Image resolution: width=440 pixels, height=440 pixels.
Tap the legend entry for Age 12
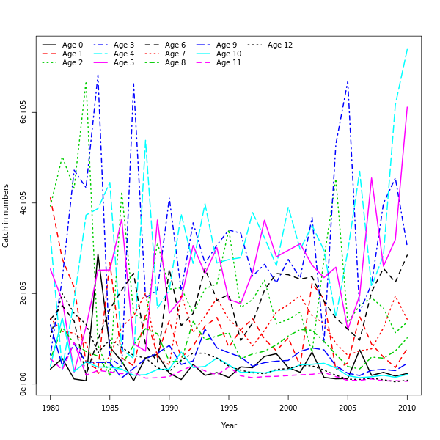click(280, 45)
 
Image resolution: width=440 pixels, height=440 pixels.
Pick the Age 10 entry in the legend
click(227, 54)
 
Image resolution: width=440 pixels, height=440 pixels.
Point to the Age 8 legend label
click(175, 63)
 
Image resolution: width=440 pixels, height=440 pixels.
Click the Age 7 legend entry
click(175, 54)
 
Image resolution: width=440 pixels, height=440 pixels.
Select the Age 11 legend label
click(227, 63)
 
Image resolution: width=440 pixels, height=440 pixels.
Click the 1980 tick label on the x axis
click(51, 407)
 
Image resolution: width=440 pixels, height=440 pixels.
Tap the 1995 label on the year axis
click(229, 407)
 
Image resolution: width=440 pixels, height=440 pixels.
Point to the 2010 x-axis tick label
click(407, 407)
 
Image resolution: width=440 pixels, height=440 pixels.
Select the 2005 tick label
click(348, 407)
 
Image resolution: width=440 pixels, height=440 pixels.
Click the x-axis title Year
click(229, 425)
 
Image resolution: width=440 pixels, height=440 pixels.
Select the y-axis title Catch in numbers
click(7, 216)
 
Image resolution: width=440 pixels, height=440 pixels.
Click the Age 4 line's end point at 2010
click(407, 50)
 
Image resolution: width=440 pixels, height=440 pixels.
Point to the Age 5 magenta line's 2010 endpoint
click(407, 107)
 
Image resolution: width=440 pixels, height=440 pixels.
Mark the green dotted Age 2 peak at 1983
click(86, 81)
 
